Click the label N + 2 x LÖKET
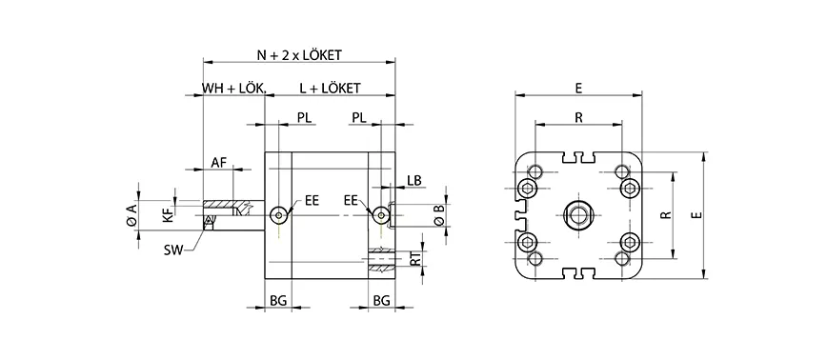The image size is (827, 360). coord(299,56)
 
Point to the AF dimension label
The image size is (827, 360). coord(218,163)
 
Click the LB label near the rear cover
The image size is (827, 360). coord(413,180)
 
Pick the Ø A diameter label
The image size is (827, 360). coord(133,215)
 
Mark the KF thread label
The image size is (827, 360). coord(168,216)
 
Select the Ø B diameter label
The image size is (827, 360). coord(437,215)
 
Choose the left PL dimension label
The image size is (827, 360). coord(303,117)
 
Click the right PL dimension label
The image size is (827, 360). coord(359,117)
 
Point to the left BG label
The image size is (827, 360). coord(278,300)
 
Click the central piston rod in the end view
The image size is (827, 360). coord(578,216)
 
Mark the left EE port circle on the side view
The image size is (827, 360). coord(277,214)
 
